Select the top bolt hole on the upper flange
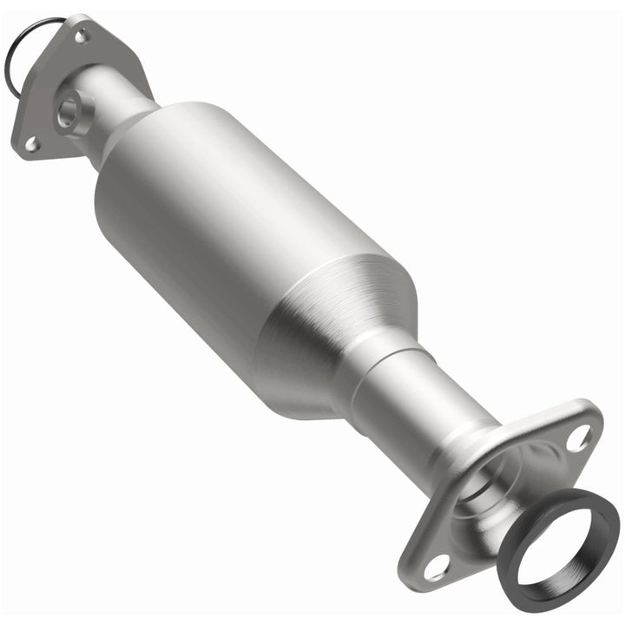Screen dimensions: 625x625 point(82,36)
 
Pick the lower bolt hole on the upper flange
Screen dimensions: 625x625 point(31,144)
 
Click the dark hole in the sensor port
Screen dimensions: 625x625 point(67,111)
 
